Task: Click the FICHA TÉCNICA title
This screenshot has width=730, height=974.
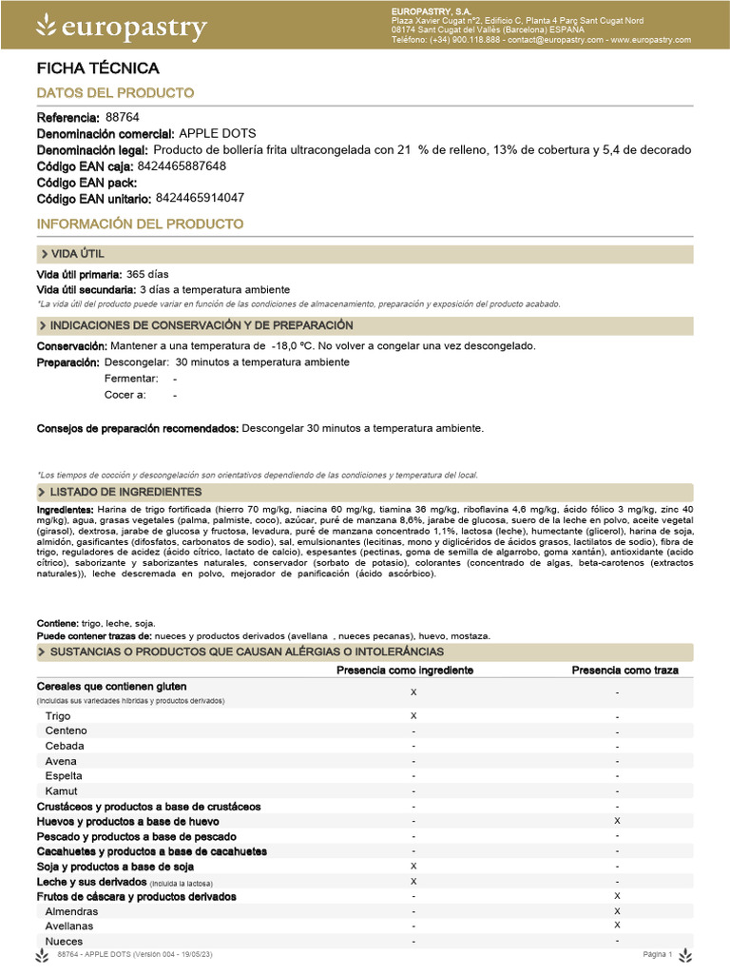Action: tap(97, 68)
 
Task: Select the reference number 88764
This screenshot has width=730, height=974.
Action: tap(122, 117)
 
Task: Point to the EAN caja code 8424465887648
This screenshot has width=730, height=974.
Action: tap(182, 166)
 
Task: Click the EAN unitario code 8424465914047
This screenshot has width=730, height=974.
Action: tap(200, 198)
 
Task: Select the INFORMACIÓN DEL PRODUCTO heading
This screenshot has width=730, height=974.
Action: tap(140, 224)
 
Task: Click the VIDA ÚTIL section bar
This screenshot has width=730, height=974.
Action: tap(365, 254)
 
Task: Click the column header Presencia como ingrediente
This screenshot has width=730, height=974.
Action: tap(405, 670)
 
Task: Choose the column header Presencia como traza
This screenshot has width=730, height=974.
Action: tap(624, 670)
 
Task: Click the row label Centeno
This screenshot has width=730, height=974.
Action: tap(67, 730)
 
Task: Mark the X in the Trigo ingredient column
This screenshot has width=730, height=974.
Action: tap(413, 714)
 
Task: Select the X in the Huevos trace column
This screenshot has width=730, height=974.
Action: tap(618, 820)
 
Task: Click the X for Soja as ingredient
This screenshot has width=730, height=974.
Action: tap(413, 866)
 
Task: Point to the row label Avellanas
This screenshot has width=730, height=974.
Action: tap(71, 925)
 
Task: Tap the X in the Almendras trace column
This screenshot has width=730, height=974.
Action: tap(618, 910)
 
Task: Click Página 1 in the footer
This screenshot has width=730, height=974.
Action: tap(658, 954)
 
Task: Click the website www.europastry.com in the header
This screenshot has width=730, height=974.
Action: tap(650, 40)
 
